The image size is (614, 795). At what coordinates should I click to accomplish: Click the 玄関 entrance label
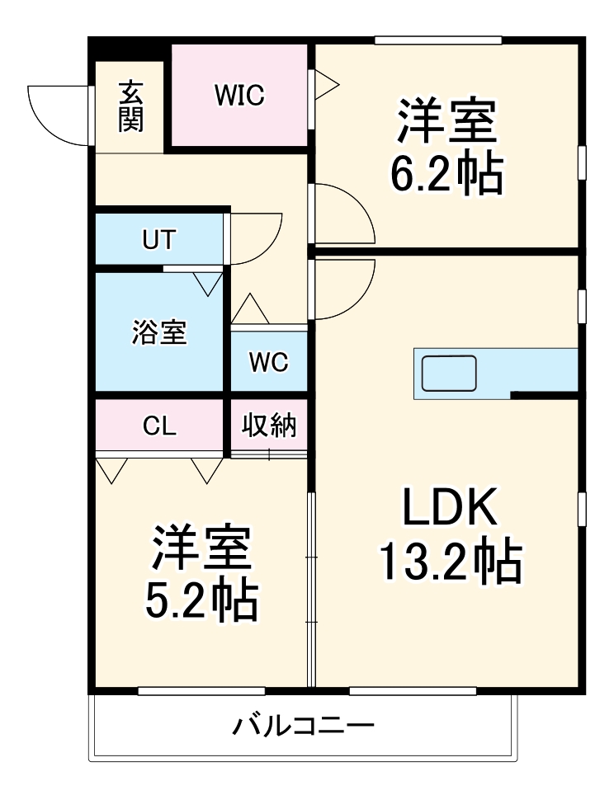pos(130,106)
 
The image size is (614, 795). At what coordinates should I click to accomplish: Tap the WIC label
pos(239,96)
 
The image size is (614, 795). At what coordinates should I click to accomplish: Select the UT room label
pos(158,240)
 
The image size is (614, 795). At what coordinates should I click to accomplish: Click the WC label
pos(268,362)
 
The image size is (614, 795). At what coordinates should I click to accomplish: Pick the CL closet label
pos(159,426)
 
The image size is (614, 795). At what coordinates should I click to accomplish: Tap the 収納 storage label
pos(269,426)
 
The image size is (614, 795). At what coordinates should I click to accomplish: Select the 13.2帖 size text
pos(450,562)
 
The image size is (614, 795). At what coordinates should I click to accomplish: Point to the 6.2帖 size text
pos(446,172)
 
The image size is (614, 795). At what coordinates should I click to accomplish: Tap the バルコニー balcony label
pos(303,727)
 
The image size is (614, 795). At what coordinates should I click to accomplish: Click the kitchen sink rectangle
pos(449,374)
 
